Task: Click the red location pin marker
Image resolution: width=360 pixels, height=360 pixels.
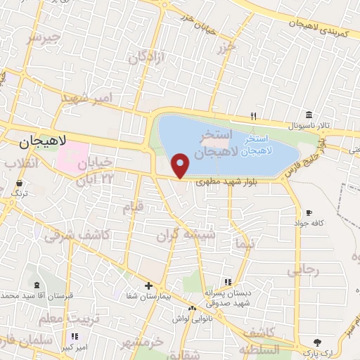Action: [x=181, y=165]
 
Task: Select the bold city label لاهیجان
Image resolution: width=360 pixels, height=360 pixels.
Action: [x=42, y=141]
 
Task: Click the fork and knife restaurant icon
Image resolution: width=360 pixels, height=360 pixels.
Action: [x=254, y=116]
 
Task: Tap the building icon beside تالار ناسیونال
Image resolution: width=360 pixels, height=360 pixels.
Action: [x=309, y=115]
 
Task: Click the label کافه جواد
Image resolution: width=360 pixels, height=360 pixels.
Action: [x=308, y=222]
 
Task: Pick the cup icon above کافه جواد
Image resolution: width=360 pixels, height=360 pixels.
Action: [x=308, y=212]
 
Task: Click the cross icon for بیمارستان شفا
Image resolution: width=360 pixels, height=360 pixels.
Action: [x=148, y=285]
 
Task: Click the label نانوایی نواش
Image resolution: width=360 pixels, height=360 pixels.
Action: [x=191, y=319]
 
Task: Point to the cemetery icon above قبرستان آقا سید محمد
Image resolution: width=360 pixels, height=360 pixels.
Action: [x=36, y=285]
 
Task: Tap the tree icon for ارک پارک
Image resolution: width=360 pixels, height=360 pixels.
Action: [x=319, y=341]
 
